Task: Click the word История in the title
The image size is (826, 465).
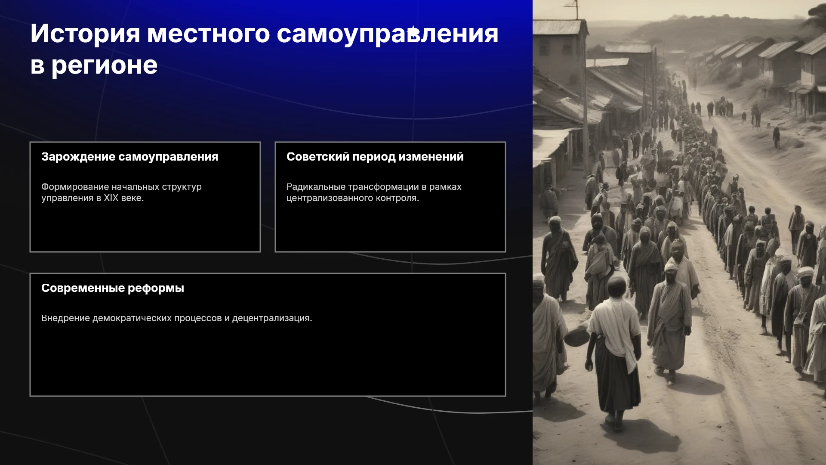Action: tap(85, 34)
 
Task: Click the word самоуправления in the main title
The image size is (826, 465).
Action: tap(388, 34)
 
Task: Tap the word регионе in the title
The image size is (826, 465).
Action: tap(105, 66)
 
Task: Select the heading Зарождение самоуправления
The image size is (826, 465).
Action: tap(129, 157)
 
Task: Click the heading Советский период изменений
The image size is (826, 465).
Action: tap(375, 157)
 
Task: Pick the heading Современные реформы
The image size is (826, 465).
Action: tap(113, 288)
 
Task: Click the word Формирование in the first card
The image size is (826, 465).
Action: tap(75, 187)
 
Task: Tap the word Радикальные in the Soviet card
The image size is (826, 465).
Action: tap(316, 187)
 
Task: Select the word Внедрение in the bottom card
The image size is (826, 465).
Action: tap(65, 318)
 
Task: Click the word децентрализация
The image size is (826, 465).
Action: tap(272, 318)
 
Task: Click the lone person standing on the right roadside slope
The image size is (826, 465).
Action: tap(776, 137)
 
